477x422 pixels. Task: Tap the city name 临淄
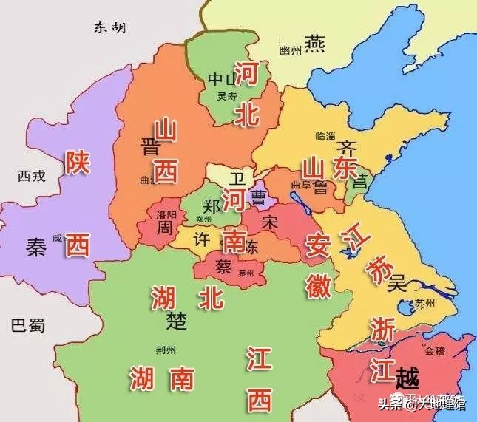[x=325, y=136]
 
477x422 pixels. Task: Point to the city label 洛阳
[x=166, y=214]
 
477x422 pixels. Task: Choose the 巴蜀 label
[x=28, y=324]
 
